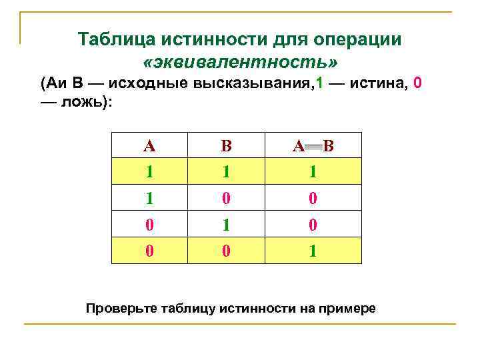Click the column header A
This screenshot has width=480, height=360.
pyautogui.click(x=150, y=145)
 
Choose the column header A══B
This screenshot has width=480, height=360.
pyautogui.click(x=313, y=145)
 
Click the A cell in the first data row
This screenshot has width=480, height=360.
pyautogui.click(x=150, y=172)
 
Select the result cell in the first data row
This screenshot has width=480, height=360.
pyautogui.click(x=313, y=172)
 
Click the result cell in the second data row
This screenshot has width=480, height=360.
pyautogui.click(x=313, y=199)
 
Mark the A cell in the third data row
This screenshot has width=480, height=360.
pyautogui.click(x=150, y=225)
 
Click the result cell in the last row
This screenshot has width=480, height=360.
pyautogui.click(x=313, y=252)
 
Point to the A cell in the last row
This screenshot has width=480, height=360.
pyautogui.click(x=150, y=252)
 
